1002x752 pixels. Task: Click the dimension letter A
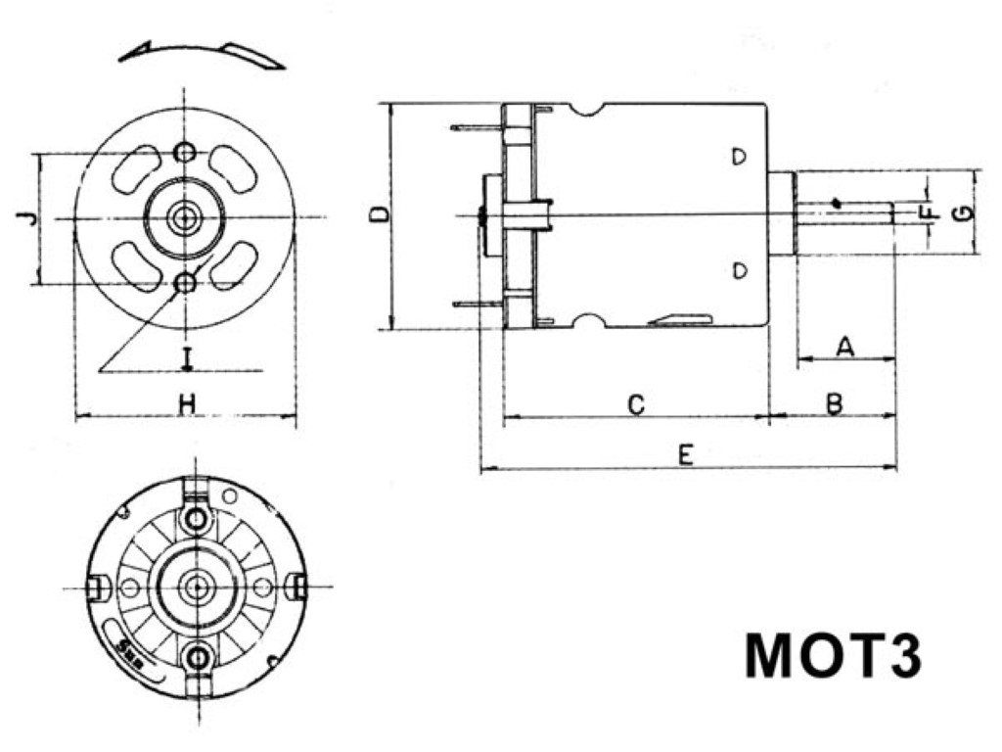tap(846, 346)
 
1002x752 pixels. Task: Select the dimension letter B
tap(834, 402)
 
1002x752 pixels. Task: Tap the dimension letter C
tap(635, 403)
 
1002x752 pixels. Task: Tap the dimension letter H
tap(186, 402)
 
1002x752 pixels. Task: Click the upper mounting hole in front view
tap(184, 153)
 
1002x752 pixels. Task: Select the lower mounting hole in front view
tap(184, 283)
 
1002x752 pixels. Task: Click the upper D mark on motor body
tap(740, 157)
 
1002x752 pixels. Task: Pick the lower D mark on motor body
tap(740, 269)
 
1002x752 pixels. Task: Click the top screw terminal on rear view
tap(199, 516)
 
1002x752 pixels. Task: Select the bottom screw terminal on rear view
tap(199, 656)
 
